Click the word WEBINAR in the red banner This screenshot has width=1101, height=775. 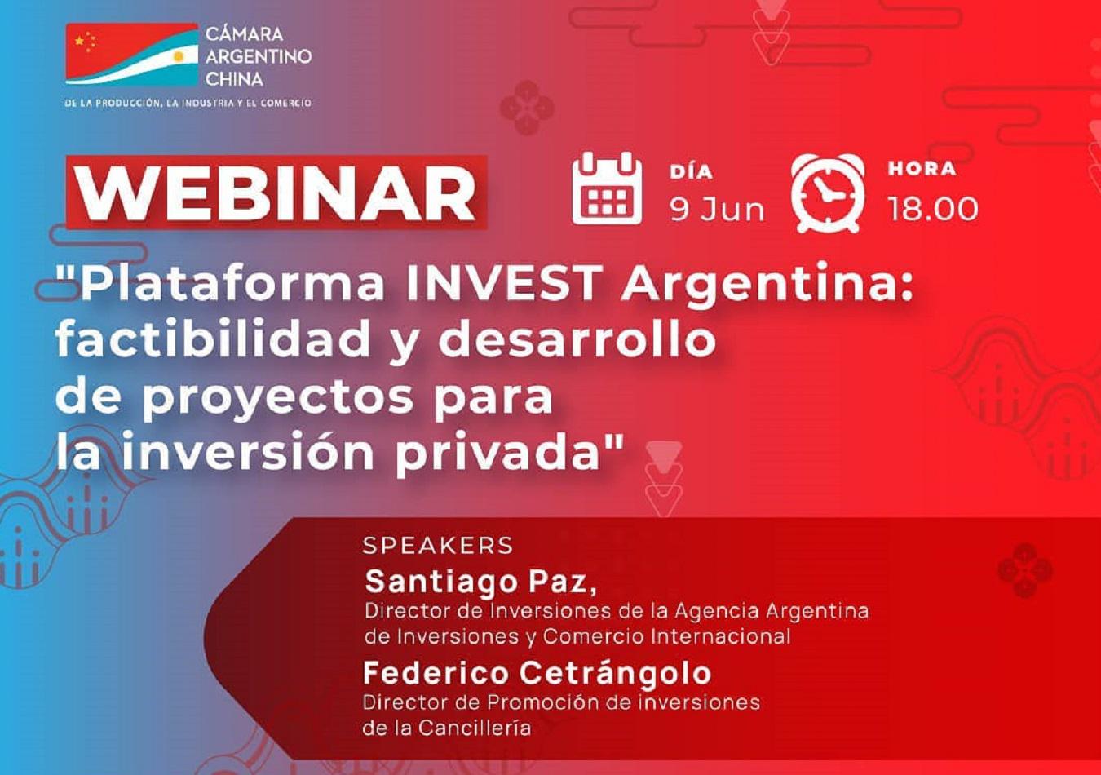pos(277,193)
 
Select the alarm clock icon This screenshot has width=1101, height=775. pos(827,193)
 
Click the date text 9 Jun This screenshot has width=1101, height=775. pos(717,209)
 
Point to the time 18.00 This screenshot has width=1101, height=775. pos(932,209)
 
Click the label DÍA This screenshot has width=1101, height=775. pos(691,171)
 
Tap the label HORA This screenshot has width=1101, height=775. pos(922,168)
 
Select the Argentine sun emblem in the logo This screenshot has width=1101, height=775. pos(178,58)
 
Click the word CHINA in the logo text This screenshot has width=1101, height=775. pos(234,79)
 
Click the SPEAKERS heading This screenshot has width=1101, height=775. pos(438,545)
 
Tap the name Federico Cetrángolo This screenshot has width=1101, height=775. pos(537,674)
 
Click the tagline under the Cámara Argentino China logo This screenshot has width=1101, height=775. pos(188,103)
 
